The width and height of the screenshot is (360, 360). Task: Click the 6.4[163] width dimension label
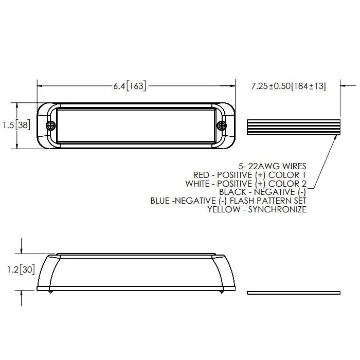coord(130,86)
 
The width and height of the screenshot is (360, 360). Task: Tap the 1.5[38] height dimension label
coord(16,125)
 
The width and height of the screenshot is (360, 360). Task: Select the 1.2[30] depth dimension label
coord(21,269)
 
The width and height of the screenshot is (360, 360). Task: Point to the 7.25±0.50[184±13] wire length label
coord(289,86)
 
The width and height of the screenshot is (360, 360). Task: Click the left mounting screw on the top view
coord(51,125)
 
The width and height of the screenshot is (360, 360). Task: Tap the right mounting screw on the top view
coord(222,125)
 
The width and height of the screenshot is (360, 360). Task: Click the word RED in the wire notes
coord(201,175)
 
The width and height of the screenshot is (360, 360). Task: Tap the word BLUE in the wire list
coord(160,201)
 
